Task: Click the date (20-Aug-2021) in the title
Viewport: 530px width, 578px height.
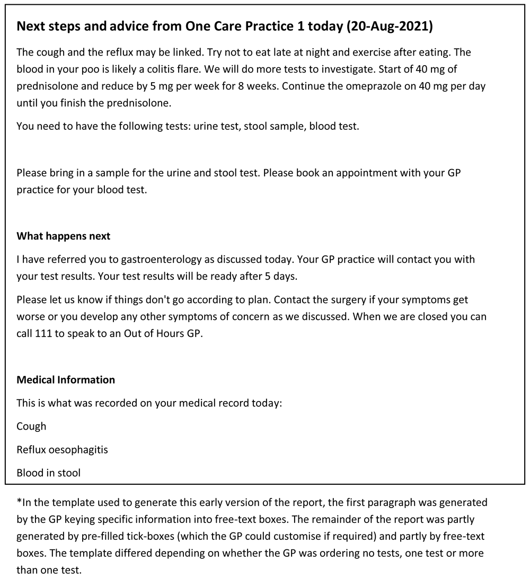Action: click(389, 26)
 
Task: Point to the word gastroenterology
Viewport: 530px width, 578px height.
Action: click(161, 260)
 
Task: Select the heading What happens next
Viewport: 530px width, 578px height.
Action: click(64, 236)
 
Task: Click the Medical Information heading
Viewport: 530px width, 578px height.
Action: click(66, 380)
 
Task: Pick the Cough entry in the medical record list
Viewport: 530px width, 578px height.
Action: click(31, 426)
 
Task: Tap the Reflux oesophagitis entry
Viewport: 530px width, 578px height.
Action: click(62, 450)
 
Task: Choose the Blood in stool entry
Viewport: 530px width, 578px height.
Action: click(48, 473)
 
